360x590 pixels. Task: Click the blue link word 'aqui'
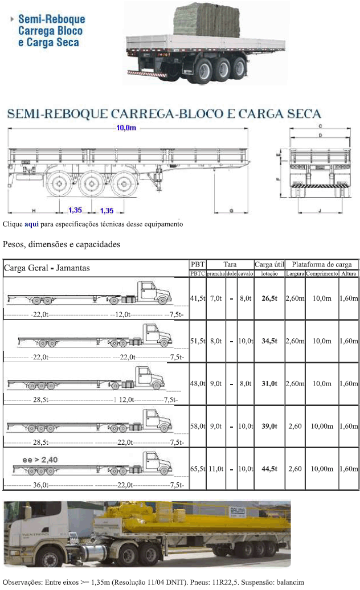[31, 224]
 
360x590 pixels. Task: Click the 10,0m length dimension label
[126, 128]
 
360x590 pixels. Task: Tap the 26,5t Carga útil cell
[269, 298]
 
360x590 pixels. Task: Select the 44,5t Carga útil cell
[269, 469]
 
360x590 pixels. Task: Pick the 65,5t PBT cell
[197, 469]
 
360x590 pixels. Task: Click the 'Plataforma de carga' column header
[322, 264]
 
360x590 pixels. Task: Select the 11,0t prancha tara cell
[216, 469]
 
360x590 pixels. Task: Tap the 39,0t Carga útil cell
[269, 426]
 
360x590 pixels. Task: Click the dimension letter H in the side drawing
[34, 211]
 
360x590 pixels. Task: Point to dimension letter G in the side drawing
[231, 211]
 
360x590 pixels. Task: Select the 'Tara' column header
[230, 264]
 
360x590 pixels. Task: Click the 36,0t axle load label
[39, 485]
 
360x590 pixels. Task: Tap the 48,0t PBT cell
[197, 384]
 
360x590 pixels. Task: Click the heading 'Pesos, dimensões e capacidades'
[62, 245]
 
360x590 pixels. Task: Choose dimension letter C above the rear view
[321, 125]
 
